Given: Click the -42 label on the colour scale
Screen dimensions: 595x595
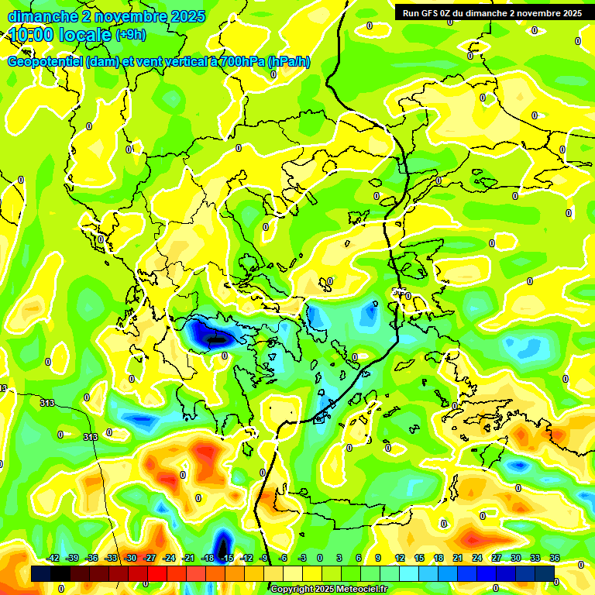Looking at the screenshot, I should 53,558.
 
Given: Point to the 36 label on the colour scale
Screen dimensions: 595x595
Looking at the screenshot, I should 555,558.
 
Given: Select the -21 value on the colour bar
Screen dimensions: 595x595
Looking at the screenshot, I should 188,558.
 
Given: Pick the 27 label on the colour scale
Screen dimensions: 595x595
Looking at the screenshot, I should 497,558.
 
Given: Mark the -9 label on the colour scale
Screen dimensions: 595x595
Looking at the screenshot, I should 265,558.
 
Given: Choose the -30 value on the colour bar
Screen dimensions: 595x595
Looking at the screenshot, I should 130,558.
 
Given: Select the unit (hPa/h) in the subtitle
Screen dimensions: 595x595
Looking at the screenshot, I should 288,62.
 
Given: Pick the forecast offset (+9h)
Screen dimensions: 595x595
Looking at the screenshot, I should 130,35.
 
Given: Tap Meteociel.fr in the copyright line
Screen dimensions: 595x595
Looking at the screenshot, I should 361,589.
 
